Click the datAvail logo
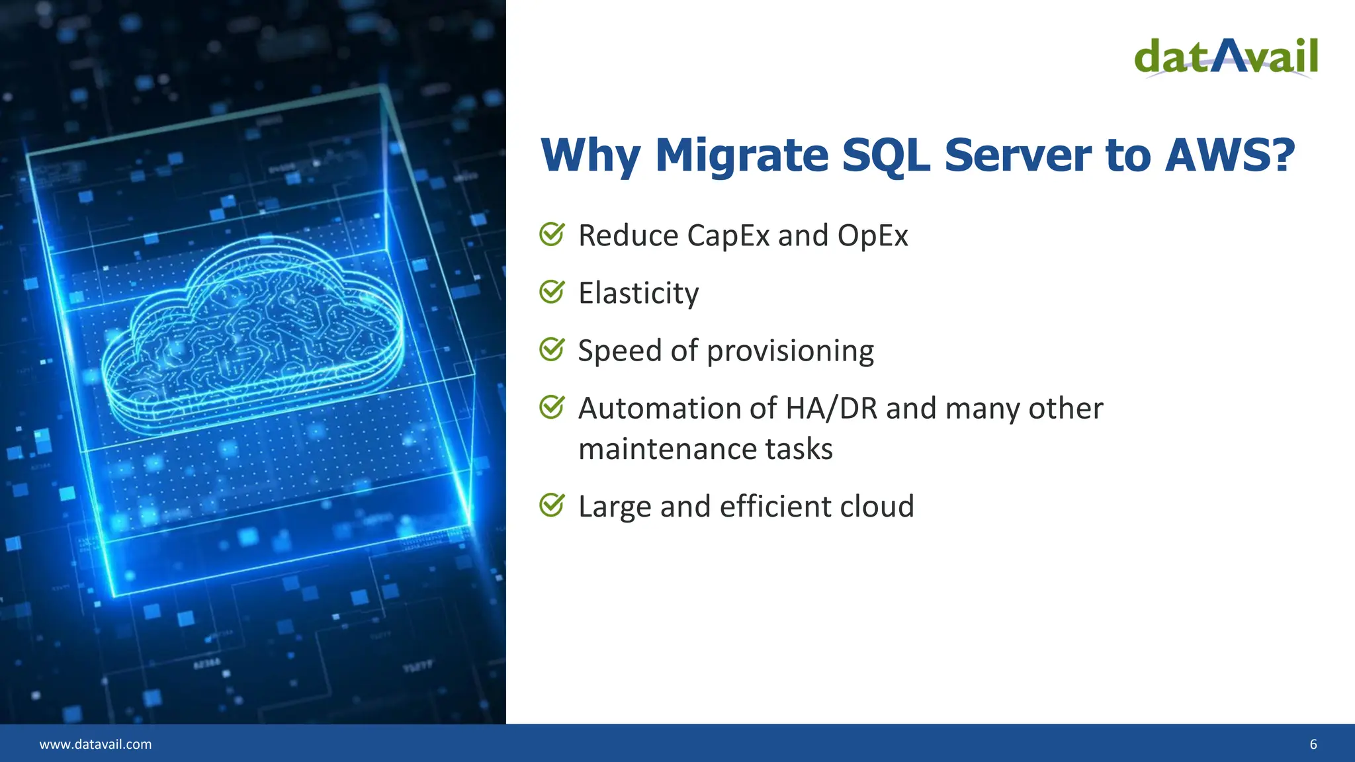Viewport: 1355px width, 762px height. [1226, 58]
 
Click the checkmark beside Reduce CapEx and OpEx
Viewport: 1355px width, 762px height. [552, 234]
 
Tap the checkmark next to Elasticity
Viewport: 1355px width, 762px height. [552, 292]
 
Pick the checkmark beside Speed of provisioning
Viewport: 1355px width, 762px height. [552, 349]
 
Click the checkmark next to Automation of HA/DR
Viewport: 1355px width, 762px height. [552, 407]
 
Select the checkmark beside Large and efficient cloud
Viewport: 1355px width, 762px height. [552, 505]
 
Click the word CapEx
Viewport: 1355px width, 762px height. [728, 236]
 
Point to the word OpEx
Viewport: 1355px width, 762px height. [873, 236]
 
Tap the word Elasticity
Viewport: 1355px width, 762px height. [638, 294]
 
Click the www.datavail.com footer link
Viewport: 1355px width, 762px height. [95, 744]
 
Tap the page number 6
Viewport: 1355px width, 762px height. [1313, 744]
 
